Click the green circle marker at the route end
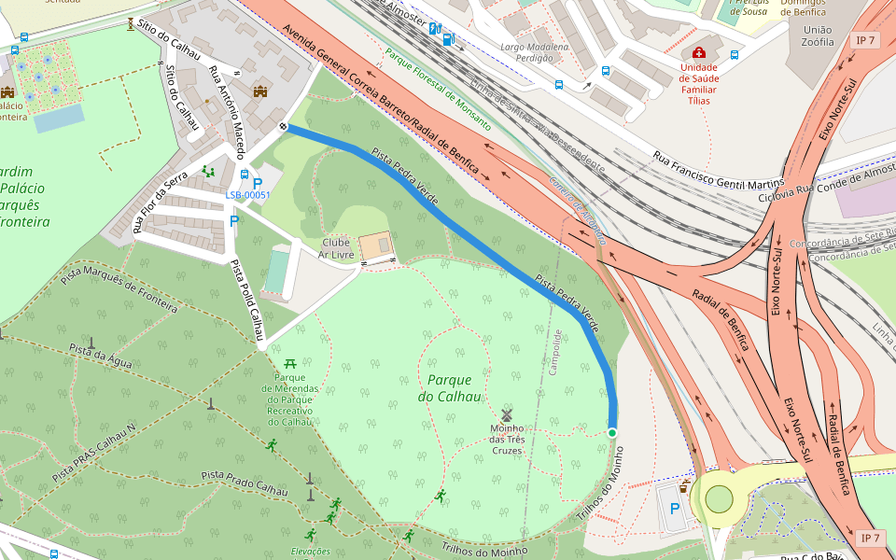[x=612, y=433]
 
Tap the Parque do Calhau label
[x=455, y=387]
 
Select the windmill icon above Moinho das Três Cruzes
[x=507, y=414]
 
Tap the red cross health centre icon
[x=698, y=53]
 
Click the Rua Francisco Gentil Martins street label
[x=718, y=171]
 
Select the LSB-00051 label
[x=247, y=195]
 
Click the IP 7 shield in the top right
[x=865, y=40]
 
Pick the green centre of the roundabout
[x=719, y=498]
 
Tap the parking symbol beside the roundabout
[x=674, y=510]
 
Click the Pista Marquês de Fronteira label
[x=119, y=288]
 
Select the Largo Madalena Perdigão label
[x=534, y=51]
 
